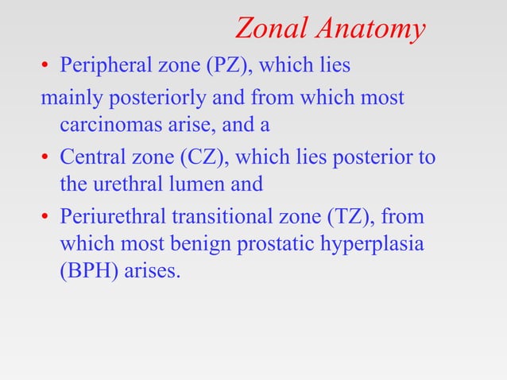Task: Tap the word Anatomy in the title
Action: coord(370,29)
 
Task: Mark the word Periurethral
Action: coord(110,215)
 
